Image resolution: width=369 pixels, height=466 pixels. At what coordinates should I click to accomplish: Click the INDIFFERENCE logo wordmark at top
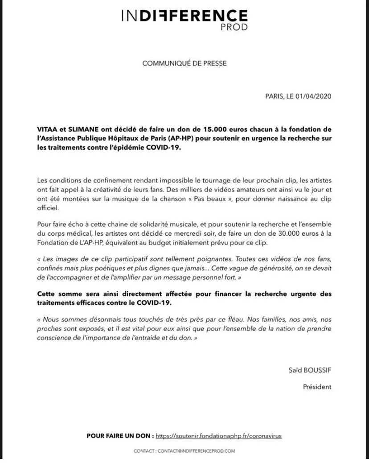point(184,16)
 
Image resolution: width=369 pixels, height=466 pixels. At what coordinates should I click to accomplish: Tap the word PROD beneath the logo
point(234,27)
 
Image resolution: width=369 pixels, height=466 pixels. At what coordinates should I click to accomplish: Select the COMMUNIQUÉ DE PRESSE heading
point(184,63)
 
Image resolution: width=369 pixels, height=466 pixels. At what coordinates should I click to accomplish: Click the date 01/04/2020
point(313,96)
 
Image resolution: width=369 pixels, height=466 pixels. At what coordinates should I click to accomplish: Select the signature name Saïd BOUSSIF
point(310,370)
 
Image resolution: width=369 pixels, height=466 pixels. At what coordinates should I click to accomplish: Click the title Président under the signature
point(317,387)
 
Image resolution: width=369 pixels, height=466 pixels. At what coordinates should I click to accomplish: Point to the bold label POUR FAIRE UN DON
point(120,436)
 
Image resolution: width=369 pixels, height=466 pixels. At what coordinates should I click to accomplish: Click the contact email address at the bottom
point(196,451)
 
